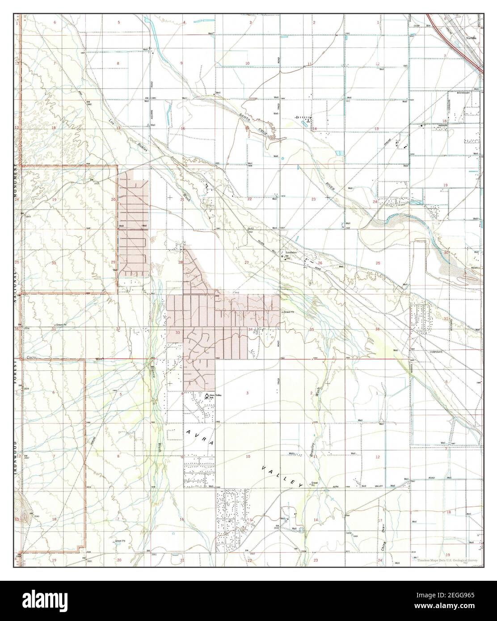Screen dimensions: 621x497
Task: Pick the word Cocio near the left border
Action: tap(31, 358)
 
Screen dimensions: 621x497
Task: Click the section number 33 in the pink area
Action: tap(178, 332)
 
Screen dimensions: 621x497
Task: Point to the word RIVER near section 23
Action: tap(331, 184)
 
